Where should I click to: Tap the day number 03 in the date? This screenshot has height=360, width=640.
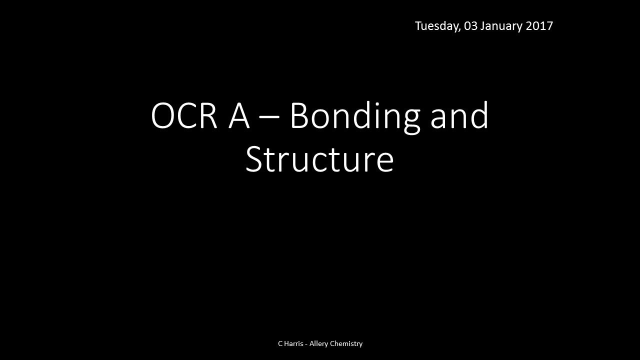[471, 26]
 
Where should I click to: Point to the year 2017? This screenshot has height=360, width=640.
[539, 26]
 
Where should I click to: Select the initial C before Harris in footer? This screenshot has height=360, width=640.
[280, 343]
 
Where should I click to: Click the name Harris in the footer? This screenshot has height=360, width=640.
[293, 343]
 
